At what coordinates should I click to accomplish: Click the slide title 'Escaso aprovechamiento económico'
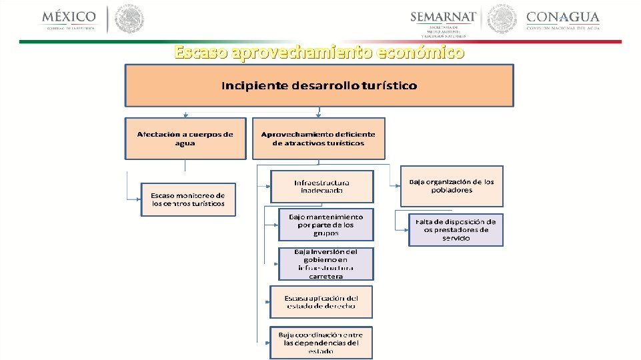click(x=319, y=52)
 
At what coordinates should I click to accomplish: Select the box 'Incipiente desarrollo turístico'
click(x=319, y=85)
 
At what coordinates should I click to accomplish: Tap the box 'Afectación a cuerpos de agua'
click(x=185, y=139)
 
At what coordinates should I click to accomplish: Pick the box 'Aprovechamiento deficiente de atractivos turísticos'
click(x=319, y=139)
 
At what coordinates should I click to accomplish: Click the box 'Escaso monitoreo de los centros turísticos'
click(x=188, y=199)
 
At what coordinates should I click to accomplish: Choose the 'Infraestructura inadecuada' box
click(x=322, y=187)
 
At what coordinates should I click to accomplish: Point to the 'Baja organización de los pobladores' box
click(x=452, y=186)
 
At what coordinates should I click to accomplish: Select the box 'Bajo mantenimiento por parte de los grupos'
click(x=326, y=225)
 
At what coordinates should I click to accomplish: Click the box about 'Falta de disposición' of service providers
click(x=456, y=229)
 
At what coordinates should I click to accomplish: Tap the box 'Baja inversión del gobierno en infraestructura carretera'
click(x=326, y=264)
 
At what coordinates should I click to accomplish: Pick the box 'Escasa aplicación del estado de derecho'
click(x=321, y=302)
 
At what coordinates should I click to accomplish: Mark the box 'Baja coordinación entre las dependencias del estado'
click(x=321, y=343)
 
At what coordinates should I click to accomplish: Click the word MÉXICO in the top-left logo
click(x=69, y=16)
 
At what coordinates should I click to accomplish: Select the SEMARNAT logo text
click(x=444, y=17)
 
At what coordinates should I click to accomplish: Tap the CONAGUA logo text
click(x=563, y=17)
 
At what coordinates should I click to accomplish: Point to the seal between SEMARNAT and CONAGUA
click(x=502, y=19)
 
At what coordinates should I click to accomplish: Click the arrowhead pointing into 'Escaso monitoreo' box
click(x=138, y=199)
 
